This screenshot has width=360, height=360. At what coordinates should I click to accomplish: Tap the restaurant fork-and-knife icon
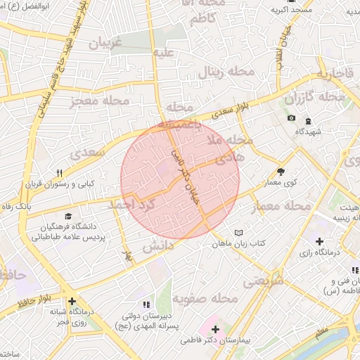pyautogui.click(x=60, y=173)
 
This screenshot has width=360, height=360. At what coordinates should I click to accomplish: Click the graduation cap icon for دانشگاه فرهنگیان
pyautogui.click(x=68, y=216)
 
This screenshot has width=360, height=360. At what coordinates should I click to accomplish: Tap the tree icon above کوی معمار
pyautogui.click(x=281, y=172)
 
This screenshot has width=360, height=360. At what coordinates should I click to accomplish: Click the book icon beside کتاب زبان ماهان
pyautogui.click(x=238, y=232)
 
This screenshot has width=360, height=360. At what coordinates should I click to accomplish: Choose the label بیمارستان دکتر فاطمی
pyautogui.click(x=214, y=339)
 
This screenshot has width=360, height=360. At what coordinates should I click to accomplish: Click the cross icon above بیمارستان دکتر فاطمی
pyautogui.click(x=214, y=329)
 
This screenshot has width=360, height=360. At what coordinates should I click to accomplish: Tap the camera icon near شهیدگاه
pyautogui.click(x=291, y=117)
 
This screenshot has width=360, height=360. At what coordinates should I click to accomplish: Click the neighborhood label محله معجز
pyautogui.click(x=100, y=102)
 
